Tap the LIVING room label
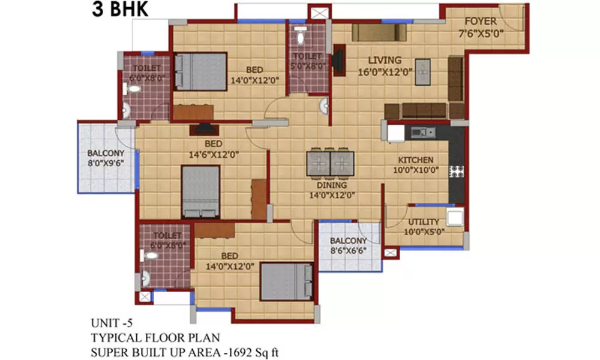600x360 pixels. (x=385, y=60)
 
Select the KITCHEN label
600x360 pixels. (x=416, y=160)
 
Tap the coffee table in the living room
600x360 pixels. (x=424, y=71)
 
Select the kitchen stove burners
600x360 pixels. (x=457, y=171)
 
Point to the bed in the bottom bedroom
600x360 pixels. (x=287, y=282)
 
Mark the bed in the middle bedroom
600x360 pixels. (x=201, y=191)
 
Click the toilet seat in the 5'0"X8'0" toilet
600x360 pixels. (x=301, y=37)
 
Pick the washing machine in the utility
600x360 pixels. (x=454, y=217)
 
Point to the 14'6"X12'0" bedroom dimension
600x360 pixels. (x=214, y=154)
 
